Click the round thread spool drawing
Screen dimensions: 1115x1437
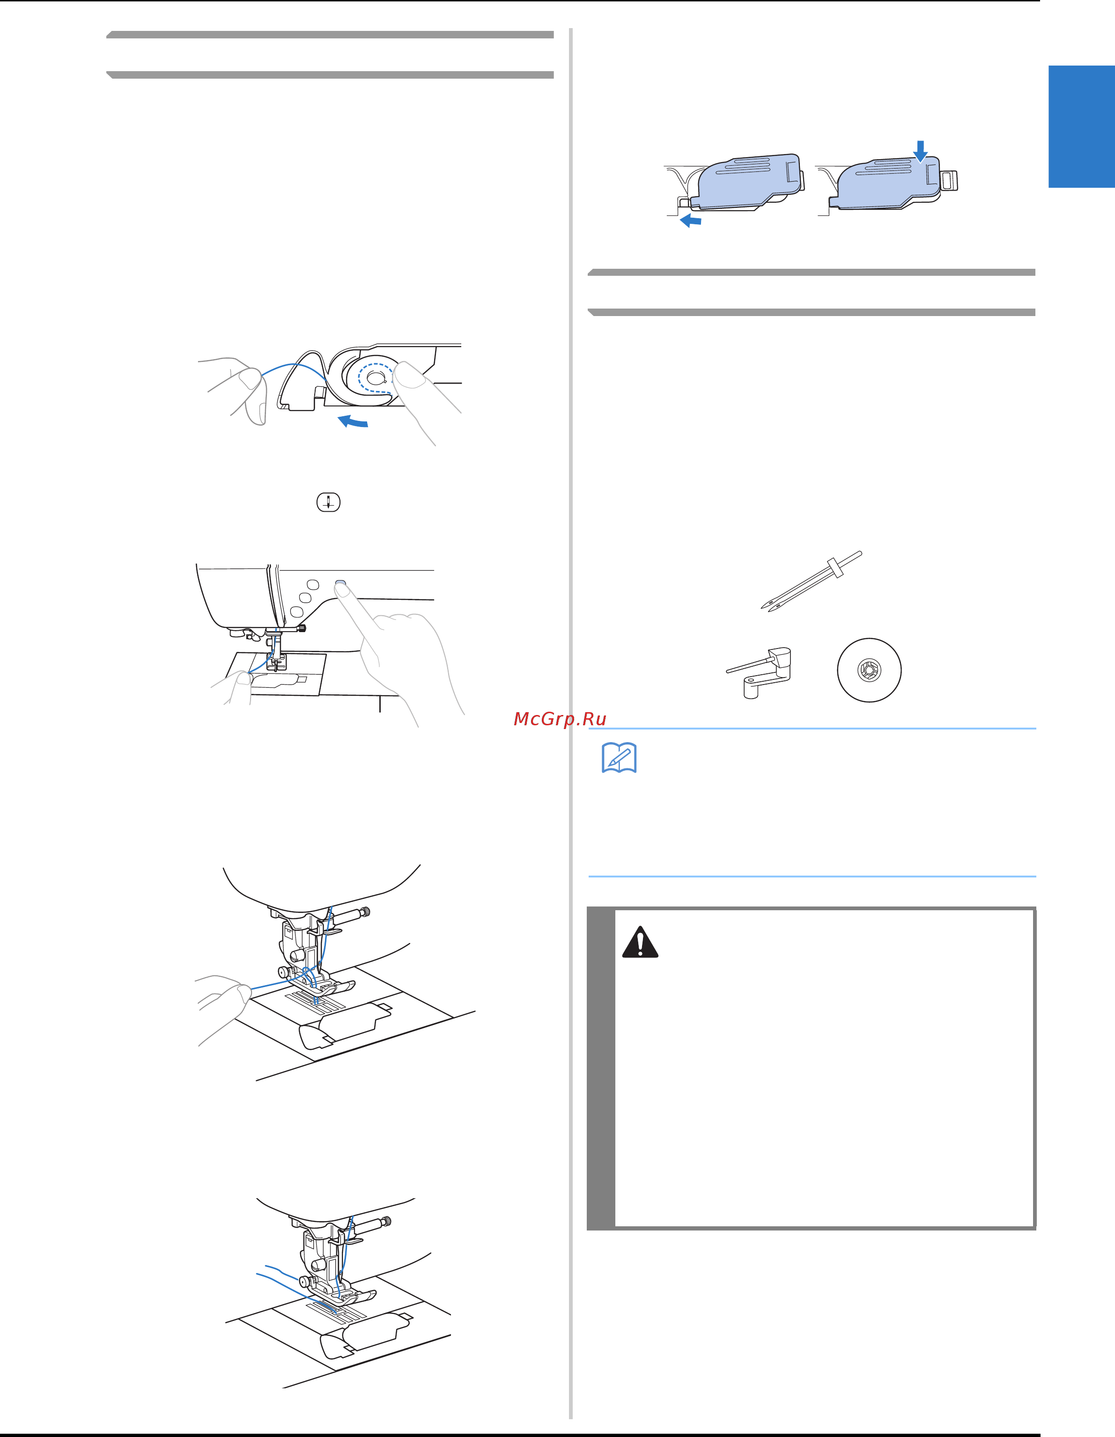[869, 670]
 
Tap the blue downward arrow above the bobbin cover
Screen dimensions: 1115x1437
[920, 151]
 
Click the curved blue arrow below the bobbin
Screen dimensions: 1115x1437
[352, 421]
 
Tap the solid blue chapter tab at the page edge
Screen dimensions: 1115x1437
[1081, 126]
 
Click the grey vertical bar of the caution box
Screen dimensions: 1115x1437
[600, 1069]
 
